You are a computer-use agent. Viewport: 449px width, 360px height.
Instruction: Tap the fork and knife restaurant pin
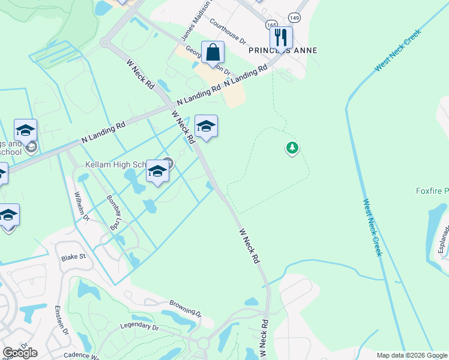point(281,38)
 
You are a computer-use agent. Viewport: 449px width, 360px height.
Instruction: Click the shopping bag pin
point(212,53)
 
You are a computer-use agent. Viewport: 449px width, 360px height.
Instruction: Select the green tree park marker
point(292,148)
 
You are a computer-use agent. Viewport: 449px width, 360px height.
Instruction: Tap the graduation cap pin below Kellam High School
point(157,172)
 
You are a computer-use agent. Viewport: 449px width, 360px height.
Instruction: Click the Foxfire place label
point(432,191)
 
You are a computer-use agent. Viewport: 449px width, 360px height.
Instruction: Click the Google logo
point(20,352)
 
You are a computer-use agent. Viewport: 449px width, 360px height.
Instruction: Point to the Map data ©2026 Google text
point(411,355)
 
